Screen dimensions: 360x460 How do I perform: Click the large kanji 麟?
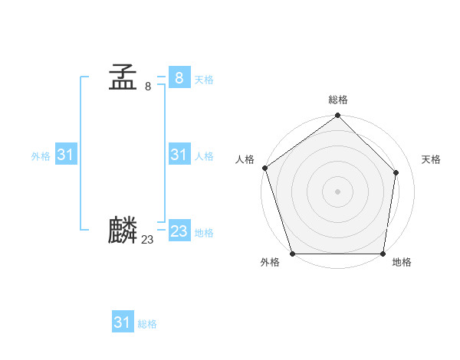point(123,230)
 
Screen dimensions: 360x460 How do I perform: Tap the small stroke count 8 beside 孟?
point(148,86)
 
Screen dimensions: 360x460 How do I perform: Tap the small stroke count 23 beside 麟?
point(147,240)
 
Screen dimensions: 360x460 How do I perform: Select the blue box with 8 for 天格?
point(179,77)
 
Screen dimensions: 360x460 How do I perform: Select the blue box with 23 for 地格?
point(179,231)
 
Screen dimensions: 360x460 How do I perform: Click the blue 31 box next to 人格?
point(179,155)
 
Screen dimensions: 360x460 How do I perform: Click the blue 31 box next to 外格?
point(65,155)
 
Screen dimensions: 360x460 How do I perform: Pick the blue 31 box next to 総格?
point(122,322)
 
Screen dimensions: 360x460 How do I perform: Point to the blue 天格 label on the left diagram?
point(204,80)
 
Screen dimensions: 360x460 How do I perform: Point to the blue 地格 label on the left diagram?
point(204,233)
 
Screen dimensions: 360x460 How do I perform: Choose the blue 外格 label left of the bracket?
point(41,156)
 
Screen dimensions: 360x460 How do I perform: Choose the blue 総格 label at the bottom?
point(147,325)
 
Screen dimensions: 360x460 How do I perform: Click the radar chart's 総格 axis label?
point(338,100)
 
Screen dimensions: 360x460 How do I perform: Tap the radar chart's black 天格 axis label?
point(431,159)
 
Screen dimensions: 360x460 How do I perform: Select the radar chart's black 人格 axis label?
point(245,159)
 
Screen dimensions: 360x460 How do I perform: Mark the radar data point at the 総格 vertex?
point(337,116)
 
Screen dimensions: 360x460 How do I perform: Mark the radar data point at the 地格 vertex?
point(383,254)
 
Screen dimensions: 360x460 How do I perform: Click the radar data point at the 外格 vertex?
point(293,254)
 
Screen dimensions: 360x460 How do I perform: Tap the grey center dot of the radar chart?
point(337,191)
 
